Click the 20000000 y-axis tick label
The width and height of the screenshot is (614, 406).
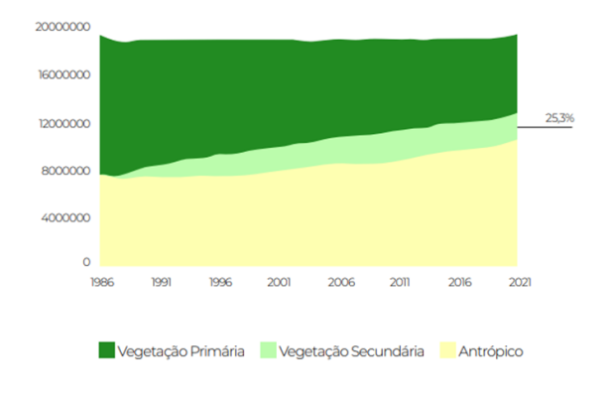tap(62, 27)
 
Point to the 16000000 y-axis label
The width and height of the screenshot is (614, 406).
tap(62, 74)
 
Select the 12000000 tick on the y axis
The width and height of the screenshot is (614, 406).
tap(62, 123)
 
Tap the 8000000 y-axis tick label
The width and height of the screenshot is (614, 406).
tap(65, 171)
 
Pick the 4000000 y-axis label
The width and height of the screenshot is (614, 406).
tap(65, 217)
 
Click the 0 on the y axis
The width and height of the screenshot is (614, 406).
tap(87, 263)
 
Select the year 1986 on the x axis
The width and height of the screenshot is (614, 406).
tap(99, 282)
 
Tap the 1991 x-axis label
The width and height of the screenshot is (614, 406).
tap(164, 282)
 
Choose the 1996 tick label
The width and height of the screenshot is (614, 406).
tap(221, 282)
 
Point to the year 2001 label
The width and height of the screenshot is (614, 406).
tap(281, 282)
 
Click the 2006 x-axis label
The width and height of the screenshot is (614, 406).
tap(340, 282)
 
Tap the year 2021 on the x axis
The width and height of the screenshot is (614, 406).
tap(517, 282)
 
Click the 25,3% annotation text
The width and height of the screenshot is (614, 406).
tap(559, 118)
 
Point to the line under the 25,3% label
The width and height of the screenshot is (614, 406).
tap(546, 127)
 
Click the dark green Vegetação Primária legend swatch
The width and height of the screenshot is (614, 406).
tap(107, 350)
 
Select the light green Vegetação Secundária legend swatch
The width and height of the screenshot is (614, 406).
tap(269, 350)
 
